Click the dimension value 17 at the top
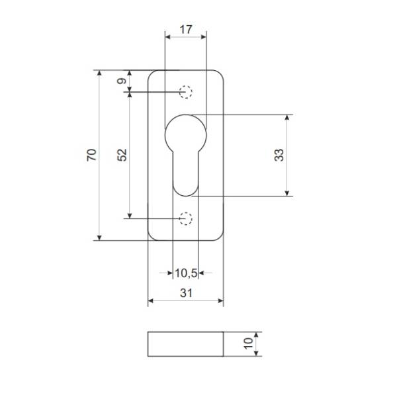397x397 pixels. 186,30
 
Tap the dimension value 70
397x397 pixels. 92,155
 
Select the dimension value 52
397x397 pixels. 122,155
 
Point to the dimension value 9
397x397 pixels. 122,81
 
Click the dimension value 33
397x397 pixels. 279,155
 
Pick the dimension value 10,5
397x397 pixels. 186,273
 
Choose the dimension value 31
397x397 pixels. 186,293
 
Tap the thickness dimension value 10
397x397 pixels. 248,343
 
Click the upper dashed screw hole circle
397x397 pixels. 185,85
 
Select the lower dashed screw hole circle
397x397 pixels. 185,212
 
